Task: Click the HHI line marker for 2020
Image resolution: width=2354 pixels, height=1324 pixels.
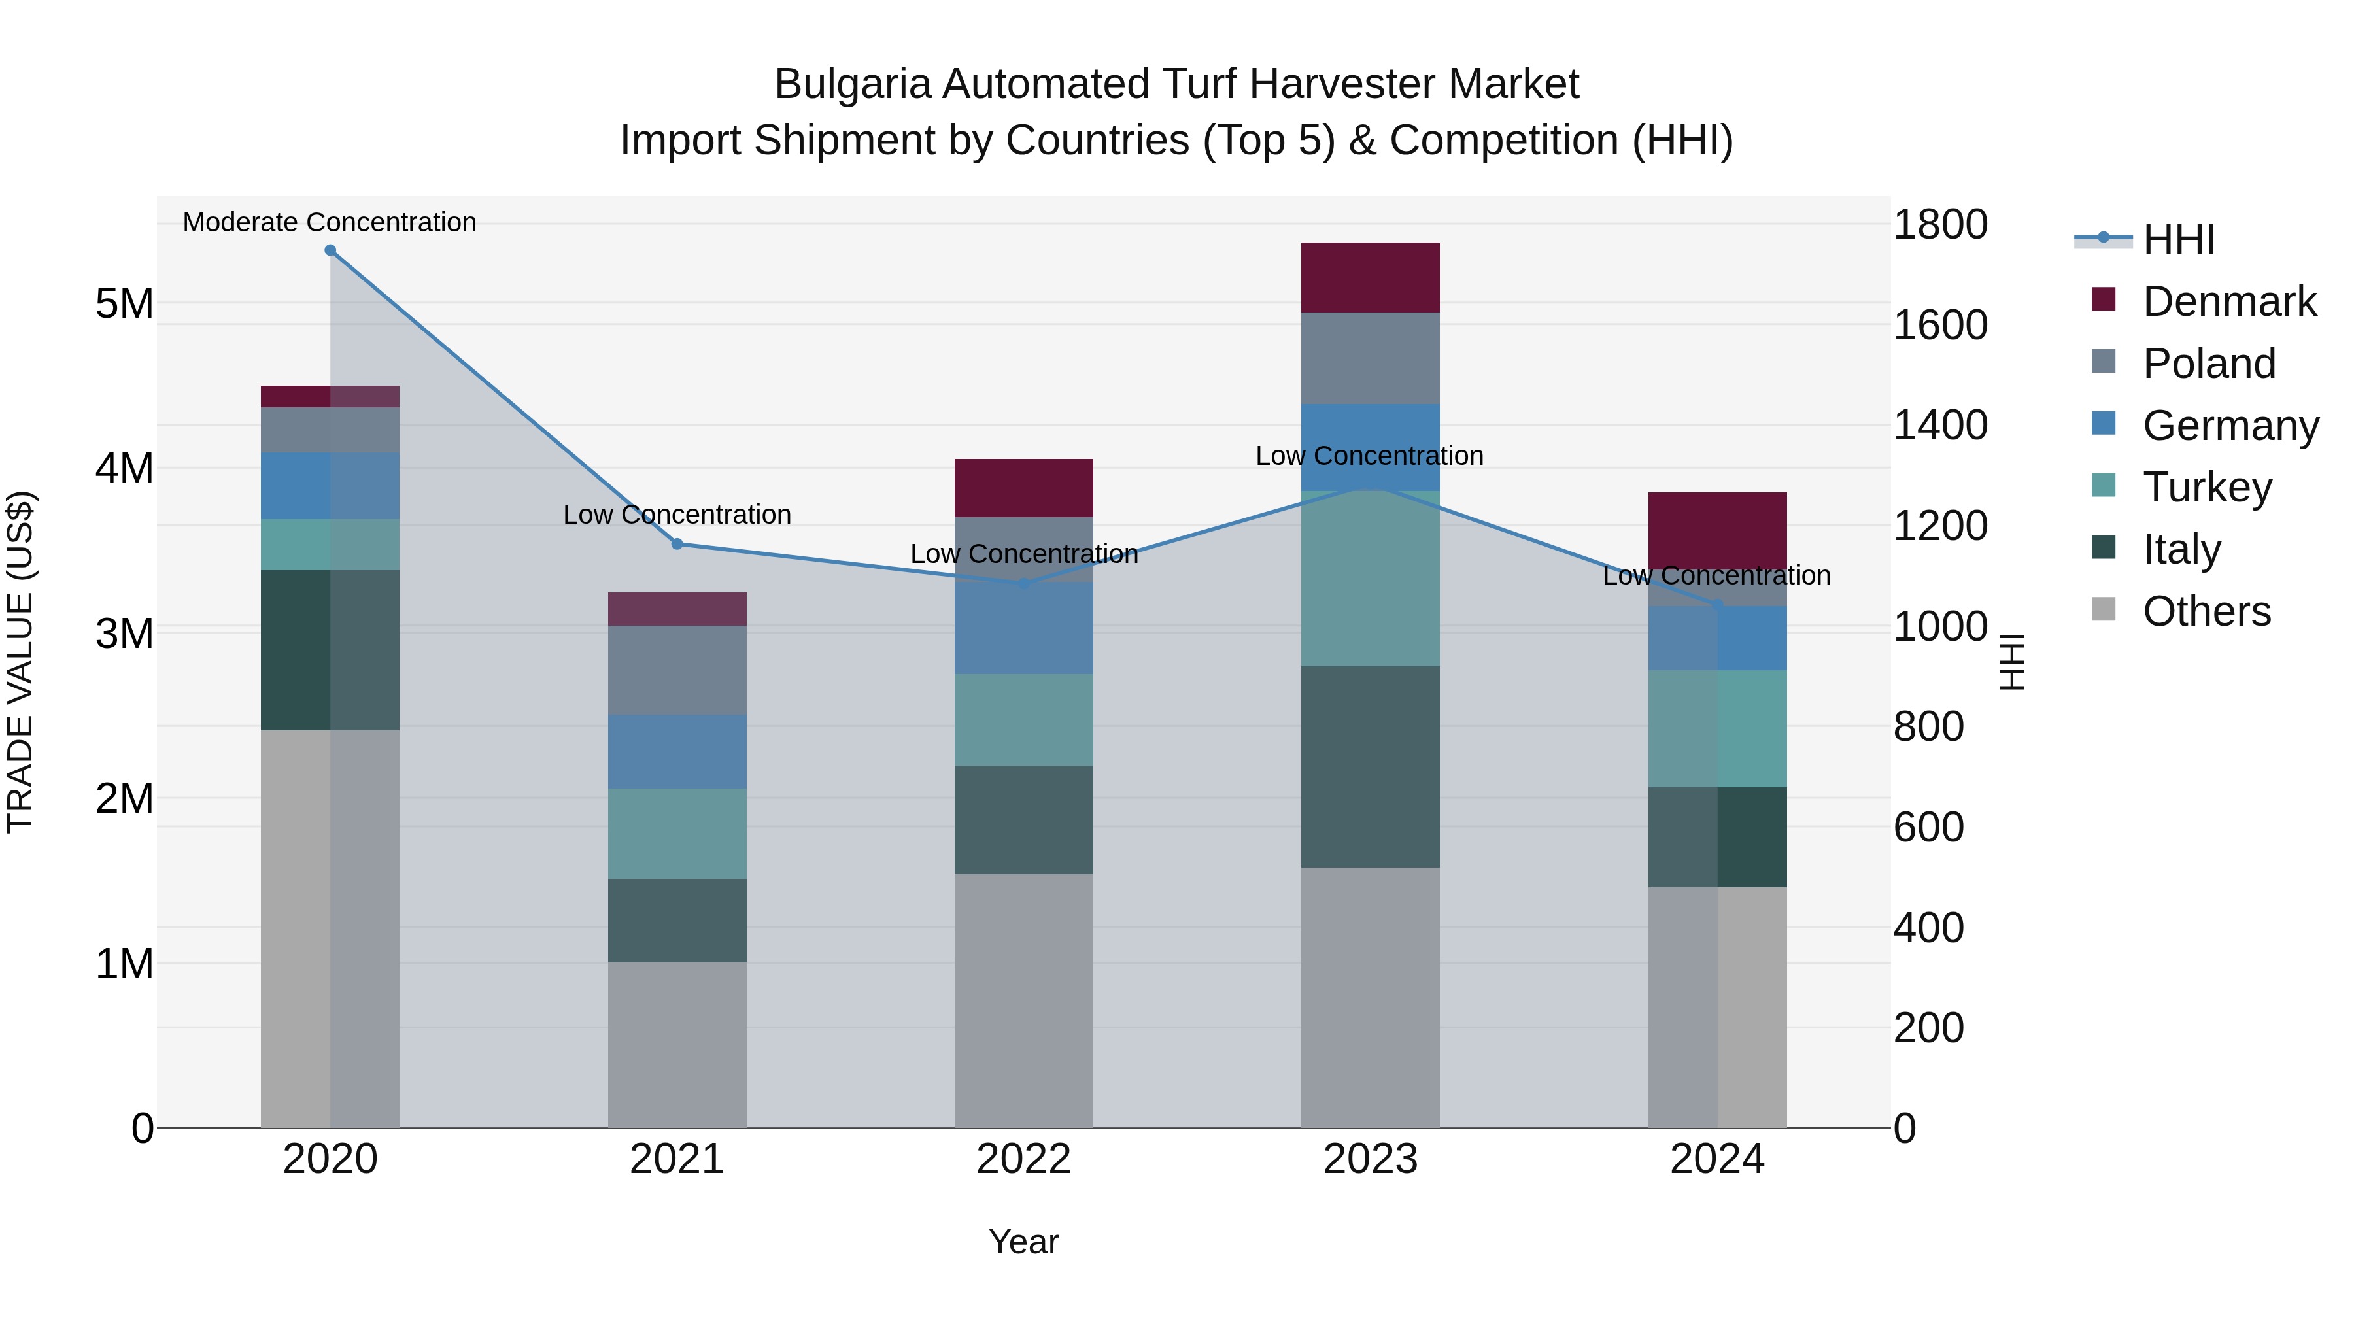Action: coord(330,250)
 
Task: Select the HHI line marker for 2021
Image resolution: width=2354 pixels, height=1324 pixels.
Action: coord(677,544)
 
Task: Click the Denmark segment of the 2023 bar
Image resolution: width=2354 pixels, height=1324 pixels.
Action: coord(1370,278)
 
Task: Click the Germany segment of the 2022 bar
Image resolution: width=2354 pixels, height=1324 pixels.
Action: coord(1023,628)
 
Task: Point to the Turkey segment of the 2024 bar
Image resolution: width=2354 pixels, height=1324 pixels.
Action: coord(1717,728)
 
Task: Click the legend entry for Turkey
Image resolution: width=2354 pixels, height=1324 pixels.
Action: coord(2207,487)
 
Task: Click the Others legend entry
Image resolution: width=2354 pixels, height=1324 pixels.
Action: coord(2206,611)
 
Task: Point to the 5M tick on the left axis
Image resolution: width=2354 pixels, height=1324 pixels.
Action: coord(124,303)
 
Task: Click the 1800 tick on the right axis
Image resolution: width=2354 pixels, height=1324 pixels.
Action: coord(1939,225)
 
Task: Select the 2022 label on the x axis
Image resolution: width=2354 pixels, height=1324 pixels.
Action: coord(1023,1159)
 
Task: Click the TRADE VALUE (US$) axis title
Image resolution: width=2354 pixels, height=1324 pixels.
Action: coord(21,662)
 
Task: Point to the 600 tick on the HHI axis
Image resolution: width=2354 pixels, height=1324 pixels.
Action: coord(1928,827)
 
